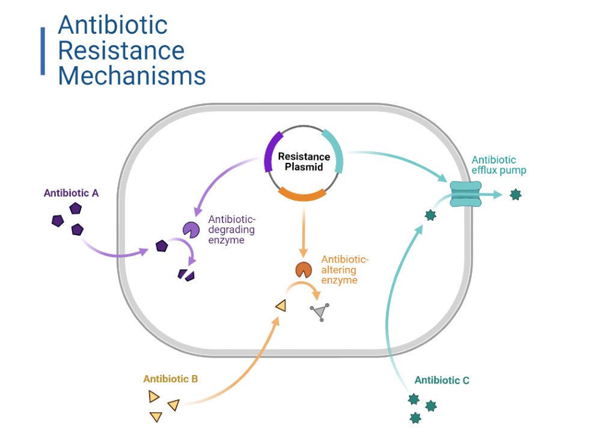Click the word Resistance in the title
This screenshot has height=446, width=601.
pos(121,50)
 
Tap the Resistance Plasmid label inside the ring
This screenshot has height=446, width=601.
pos(304,162)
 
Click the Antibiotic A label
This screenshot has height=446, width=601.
pos(71,193)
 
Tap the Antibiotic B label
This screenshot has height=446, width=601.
pos(170,379)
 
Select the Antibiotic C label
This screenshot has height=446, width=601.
pos(442,380)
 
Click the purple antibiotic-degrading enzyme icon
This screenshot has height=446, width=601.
pos(191,229)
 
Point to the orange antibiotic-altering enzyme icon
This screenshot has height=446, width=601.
pos(304,269)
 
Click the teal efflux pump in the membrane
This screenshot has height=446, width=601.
pos(466,194)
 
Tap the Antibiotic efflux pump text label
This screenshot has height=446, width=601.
pos(498,165)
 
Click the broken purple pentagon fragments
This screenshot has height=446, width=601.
pos(186,274)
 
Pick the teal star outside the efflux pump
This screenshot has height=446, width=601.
pos(515,194)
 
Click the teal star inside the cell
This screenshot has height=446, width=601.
pos(430,215)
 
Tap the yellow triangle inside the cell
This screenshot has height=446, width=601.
pos(281,306)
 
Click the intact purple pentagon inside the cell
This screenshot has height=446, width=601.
pos(161,246)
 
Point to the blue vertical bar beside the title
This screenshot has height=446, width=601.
pos(43,51)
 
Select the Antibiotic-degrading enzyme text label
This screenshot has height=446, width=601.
pos(231,230)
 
